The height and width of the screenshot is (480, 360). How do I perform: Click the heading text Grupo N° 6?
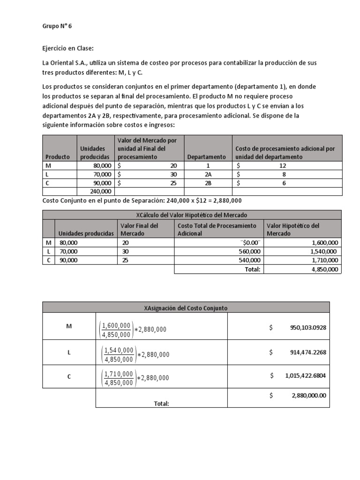57,26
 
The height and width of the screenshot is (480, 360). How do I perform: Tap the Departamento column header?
206,157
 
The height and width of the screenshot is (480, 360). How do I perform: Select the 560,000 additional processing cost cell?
249,251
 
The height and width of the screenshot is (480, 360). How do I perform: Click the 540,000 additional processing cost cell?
249,260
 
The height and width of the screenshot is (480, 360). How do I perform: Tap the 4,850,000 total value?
323,269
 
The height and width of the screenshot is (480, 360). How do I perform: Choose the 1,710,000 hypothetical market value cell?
323,260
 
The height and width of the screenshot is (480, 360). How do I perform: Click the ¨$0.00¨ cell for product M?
249,243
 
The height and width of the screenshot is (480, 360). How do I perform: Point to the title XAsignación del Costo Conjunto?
186,307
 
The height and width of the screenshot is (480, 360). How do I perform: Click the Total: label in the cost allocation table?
161,403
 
